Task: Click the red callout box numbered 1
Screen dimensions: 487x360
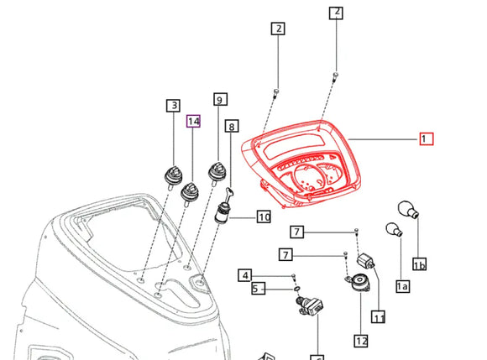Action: coord(427,138)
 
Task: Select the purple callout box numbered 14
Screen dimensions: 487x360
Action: coord(193,121)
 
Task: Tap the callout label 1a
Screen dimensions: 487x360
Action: coord(402,286)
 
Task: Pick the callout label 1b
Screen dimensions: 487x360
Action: coord(419,263)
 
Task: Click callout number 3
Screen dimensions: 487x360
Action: coord(173,106)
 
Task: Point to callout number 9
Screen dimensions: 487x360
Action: coord(220,99)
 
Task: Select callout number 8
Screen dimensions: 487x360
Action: coord(232,126)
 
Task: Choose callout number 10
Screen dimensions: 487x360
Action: coord(264,217)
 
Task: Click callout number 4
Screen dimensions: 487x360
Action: coord(245,275)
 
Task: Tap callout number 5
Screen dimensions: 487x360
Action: coord(259,289)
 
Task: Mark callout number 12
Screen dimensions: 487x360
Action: coord(361,341)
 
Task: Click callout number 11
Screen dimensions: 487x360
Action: coord(379,317)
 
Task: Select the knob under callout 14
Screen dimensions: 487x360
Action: coord(190,194)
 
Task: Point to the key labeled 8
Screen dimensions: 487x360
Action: coord(230,194)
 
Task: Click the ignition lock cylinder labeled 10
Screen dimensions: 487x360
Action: coord(222,213)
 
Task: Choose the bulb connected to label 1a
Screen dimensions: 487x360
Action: coord(394,230)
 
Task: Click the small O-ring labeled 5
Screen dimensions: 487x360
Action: coord(297,290)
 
